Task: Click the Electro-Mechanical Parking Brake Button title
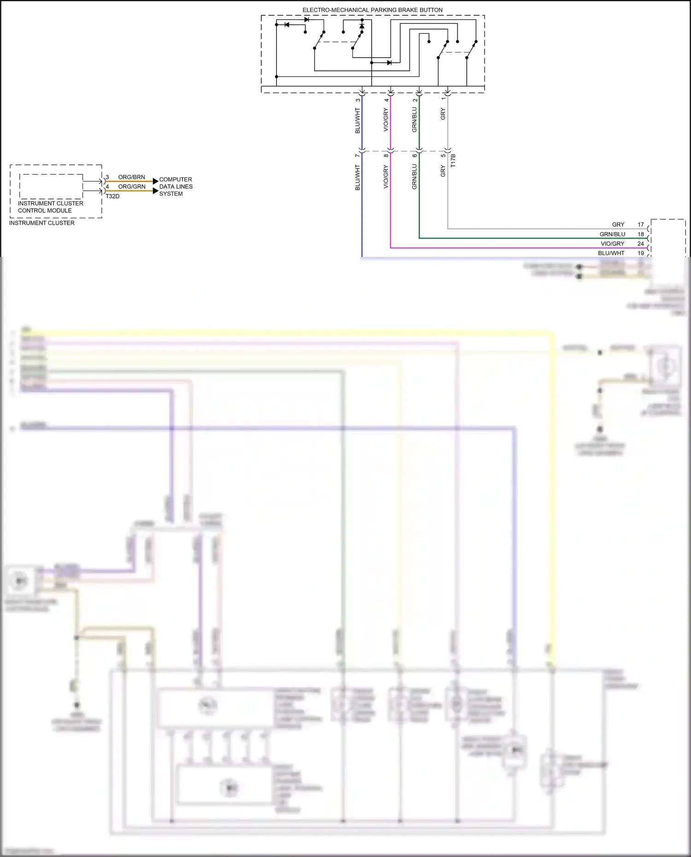click(x=372, y=10)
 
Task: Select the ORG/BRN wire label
click(x=131, y=177)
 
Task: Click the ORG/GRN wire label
click(x=132, y=187)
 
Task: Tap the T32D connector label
click(x=112, y=196)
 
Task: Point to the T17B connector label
click(x=453, y=160)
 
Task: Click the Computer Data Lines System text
click(x=176, y=187)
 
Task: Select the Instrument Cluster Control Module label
click(x=50, y=207)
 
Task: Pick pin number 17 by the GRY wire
click(x=640, y=225)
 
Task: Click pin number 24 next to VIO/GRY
click(x=640, y=244)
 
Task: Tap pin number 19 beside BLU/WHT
click(x=640, y=253)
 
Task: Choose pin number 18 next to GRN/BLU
click(x=640, y=234)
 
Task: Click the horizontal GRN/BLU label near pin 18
click(x=612, y=234)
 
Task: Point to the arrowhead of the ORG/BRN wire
click(x=155, y=181)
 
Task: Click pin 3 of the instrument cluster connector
click(x=107, y=177)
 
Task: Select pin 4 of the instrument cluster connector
click(x=107, y=187)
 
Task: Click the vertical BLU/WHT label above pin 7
click(x=357, y=121)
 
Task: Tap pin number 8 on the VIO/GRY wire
click(x=386, y=156)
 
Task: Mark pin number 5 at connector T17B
click(x=443, y=156)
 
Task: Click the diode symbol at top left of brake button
click(x=287, y=24)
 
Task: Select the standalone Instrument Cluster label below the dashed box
click(x=41, y=223)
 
